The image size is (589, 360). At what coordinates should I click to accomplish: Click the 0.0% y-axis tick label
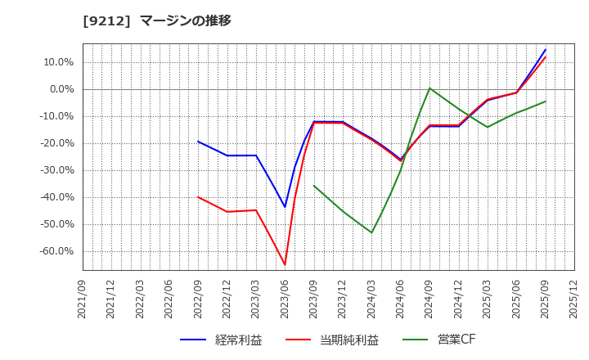pyautogui.click(x=60, y=89)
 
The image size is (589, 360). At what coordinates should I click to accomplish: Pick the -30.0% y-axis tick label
pyautogui.click(x=56, y=170)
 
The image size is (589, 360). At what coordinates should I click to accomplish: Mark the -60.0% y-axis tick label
pyautogui.click(x=56, y=251)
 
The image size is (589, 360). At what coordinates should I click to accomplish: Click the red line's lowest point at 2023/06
pyautogui.click(x=285, y=264)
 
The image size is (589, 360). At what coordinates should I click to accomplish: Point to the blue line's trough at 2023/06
pyautogui.click(x=285, y=206)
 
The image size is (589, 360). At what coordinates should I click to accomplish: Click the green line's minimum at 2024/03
pyautogui.click(x=371, y=232)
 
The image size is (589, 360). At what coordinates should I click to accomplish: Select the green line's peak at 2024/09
pyautogui.click(x=429, y=88)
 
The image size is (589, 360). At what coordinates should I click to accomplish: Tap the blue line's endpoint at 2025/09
pyautogui.click(x=546, y=49)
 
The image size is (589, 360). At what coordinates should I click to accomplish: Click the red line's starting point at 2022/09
pyautogui.click(x=198, y=196)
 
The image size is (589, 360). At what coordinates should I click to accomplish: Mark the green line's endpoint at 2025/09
pyautogui.click(x=546, y=101)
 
